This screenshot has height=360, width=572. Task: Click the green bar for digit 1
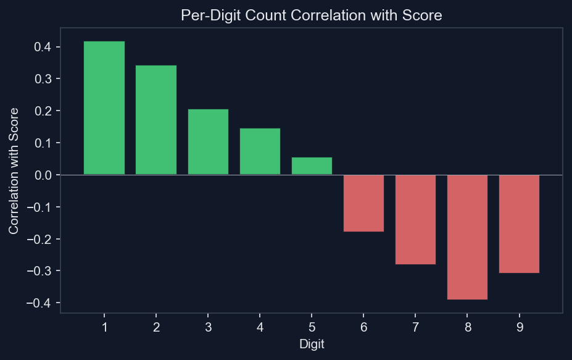click(x=104, y=108)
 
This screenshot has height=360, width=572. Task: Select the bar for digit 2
click(x=156, y=120)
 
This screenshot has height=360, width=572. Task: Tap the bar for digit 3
click(x=208, y=142)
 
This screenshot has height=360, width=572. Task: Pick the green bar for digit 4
click(x=260, y=151)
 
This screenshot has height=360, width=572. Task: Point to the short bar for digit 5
click(x=312, y=166)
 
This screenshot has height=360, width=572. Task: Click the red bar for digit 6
click(x=363, y=203)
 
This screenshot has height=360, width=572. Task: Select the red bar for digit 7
click(x=415, y=219)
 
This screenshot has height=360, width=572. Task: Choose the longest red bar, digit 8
click(x=467, y=237)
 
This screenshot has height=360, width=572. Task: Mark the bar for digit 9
click(x=519, y=224)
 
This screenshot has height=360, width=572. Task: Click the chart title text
click(x=312, y=16)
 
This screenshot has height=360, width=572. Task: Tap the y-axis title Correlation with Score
click(x=14, y=170)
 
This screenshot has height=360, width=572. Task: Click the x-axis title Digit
click(x=312, y=344)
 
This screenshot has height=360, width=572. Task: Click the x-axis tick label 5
click(x=312, y=327)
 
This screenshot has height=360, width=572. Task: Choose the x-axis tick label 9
click(x=519, y=327)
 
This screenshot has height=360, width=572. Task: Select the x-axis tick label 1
click(x=104, y=327)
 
